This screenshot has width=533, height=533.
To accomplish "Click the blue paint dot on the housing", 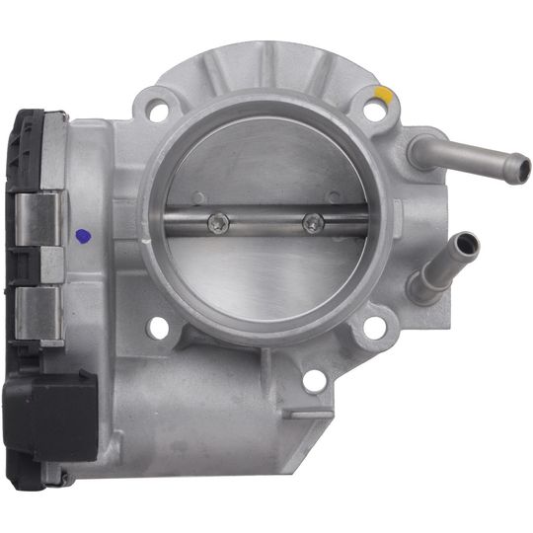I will tap(83, 236).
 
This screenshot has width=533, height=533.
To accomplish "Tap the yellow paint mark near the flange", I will tap(384, 94).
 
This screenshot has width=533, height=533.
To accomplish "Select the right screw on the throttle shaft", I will tap(313, 223).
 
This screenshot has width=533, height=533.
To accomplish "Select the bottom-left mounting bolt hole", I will tap(158, 328).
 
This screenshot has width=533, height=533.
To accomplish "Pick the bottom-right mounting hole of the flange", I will tap(373, 327).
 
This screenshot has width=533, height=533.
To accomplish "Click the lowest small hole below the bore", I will tap(314, 381).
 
